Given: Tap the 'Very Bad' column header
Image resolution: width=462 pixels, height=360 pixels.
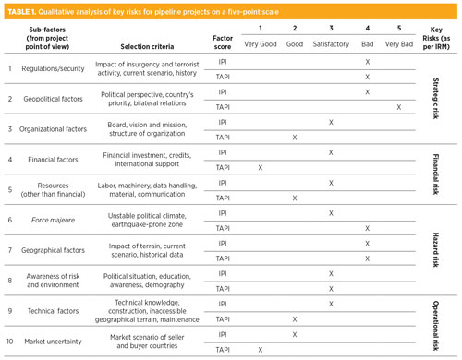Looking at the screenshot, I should click(x=399, y=43).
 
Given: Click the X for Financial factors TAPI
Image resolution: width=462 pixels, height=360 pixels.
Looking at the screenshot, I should click(x=261, y=167).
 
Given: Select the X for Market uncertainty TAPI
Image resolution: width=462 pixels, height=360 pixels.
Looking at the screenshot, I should click(x=261, y=349).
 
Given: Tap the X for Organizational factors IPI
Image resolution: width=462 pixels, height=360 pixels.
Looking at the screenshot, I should click(x=331, y=122).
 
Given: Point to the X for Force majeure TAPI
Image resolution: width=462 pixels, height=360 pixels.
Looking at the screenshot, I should click(x=367, y=227).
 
